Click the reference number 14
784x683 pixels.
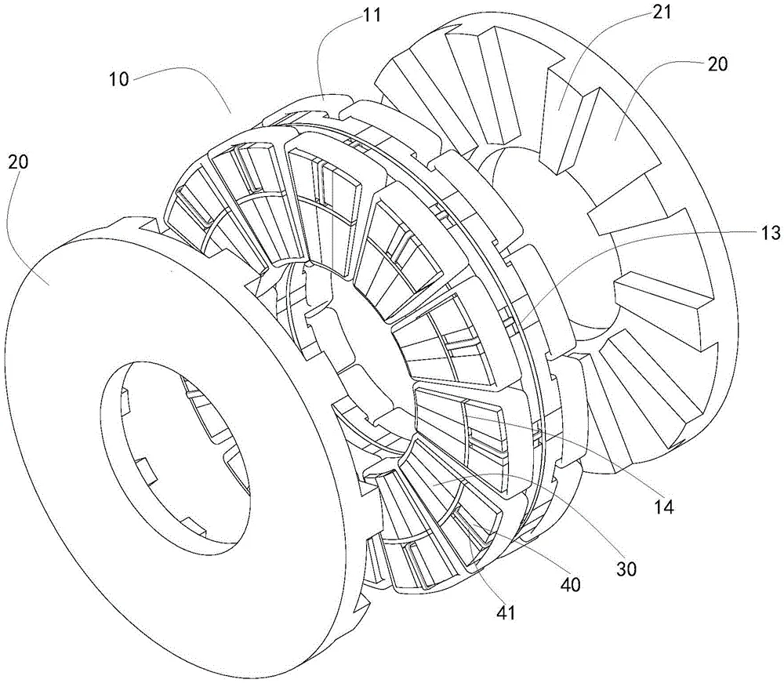[664, 507]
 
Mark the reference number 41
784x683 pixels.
[506, 613]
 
